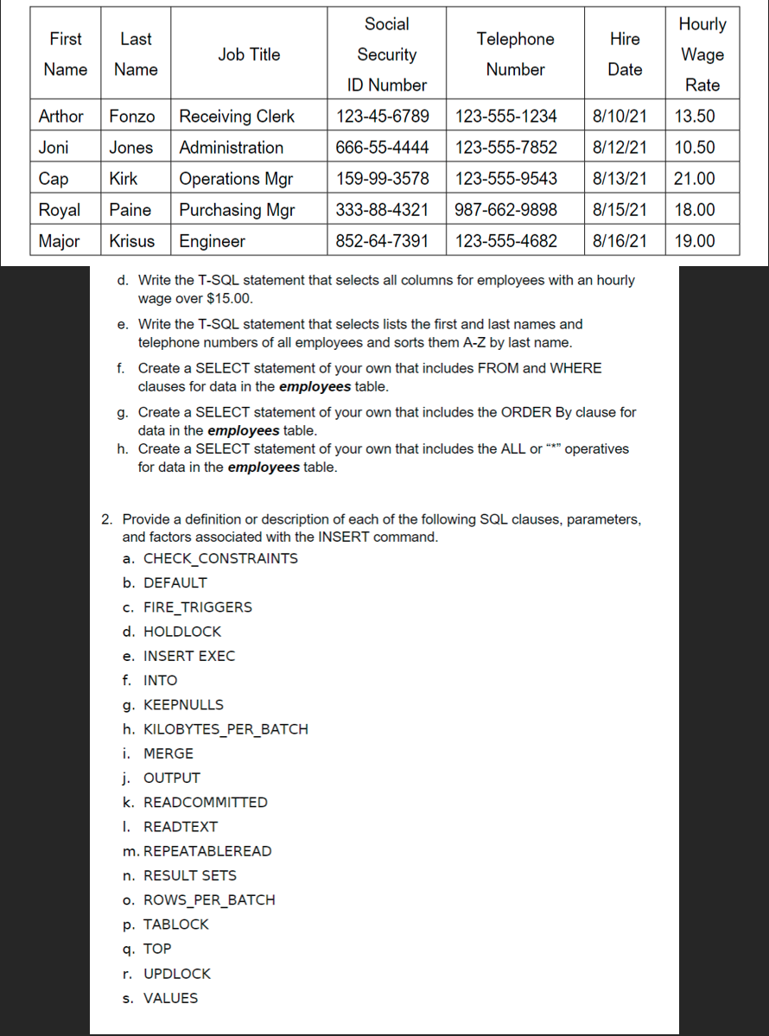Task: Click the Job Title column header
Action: click(x=249, y=54)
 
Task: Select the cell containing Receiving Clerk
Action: click(x=237, y=117)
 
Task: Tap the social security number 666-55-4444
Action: click(x=382, y=148)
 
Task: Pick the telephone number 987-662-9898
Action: click(x=505, y=210)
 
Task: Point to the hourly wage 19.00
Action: click(x=694, y=241)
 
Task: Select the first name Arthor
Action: click(x=61, y=117)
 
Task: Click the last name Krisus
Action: click(x=132, y=241)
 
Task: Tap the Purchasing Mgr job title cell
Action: click(x=237, y=210)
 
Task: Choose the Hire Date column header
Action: click(x=625, y=54)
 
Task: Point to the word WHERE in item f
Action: click(x=579, y=368)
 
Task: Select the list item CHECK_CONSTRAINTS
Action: click(x=220, y=558)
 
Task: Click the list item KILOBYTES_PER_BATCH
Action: click(x=226, y=729)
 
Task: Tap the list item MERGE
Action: click(x=168, y=753)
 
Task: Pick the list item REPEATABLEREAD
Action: click(x=207, y=851)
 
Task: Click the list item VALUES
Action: click(x=170, y=998)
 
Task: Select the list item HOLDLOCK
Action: click(x=182, y=632)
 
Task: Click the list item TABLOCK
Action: click(x=176, y=925)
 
